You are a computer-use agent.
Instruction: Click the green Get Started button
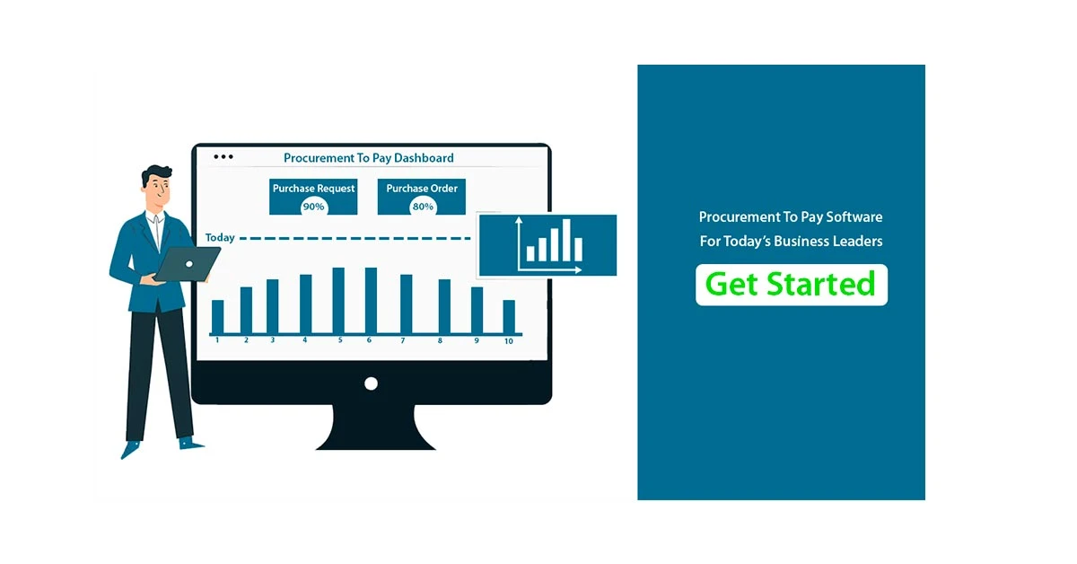click(x=791, y=285)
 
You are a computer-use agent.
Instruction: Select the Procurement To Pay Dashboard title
click(x=368, y=158)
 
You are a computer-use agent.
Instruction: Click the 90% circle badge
click(x=313, y=207)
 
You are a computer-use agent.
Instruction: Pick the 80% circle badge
click(x=423, y=207)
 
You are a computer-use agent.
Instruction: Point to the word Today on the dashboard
click(x=220, y=238)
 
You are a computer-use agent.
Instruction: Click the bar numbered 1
click(x=217, y=316)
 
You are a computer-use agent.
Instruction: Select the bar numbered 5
click(x=338, y=300)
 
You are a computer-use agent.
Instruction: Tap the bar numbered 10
click(x=509, y=316)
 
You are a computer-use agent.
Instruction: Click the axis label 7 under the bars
click(x=403, y=341)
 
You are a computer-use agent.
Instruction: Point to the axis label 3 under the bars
click(x=273, y=341)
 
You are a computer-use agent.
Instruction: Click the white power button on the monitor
click(x=371, y=383)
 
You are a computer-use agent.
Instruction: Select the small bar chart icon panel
click(x=547, y=245)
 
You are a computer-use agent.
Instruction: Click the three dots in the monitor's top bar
click(x=223, y=157)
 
